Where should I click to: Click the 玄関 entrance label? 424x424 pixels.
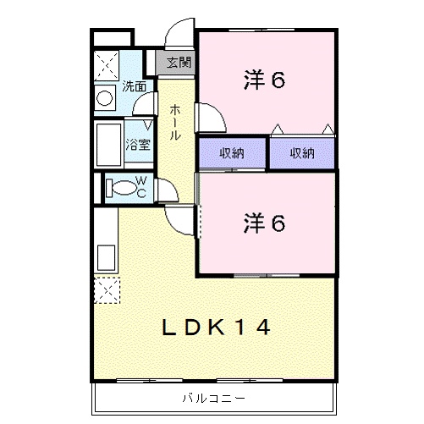coord(179,62)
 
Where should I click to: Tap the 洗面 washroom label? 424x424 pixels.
coord(135,85)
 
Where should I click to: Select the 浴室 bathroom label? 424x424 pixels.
coord(138,144)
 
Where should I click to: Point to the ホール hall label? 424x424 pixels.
coord(174,122)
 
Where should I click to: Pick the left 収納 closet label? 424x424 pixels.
coord(233,153)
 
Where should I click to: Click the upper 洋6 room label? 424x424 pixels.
coord(263,80)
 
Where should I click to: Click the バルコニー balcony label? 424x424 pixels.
coord(212,398)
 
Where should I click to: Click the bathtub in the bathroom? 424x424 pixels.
coord(108,145)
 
